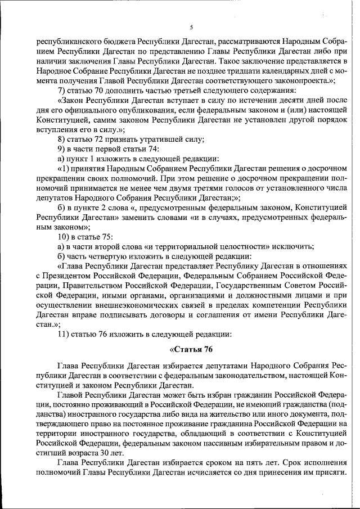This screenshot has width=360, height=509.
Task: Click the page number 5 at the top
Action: [191, 27]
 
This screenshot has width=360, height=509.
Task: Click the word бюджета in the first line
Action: [107, 41]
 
